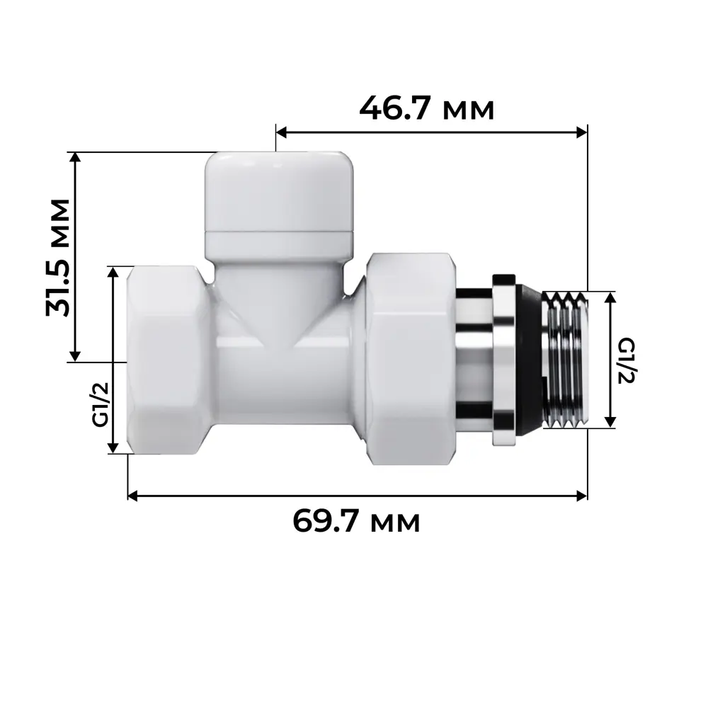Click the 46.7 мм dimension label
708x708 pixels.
(426, 108)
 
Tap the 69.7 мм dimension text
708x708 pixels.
(356, 523)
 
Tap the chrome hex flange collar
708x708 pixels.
(504, 360)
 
